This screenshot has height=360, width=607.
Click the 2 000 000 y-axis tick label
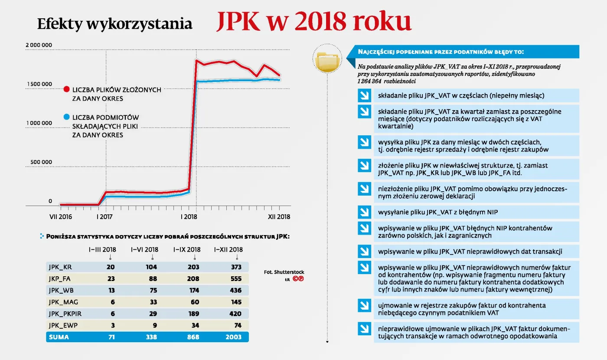click(39, 45)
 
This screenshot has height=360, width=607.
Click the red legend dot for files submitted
click(66, 89)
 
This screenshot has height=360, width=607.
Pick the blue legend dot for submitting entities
click(66, 117)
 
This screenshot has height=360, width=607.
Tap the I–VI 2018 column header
click(145, 250)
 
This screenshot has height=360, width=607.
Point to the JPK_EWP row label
click(62, 326)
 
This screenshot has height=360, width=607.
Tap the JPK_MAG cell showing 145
click(236, 302)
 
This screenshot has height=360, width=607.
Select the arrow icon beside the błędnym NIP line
click(363, 212)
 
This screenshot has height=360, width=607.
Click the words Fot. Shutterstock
click(284, 272)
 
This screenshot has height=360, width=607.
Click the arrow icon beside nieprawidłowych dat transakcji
click(363, 252)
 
